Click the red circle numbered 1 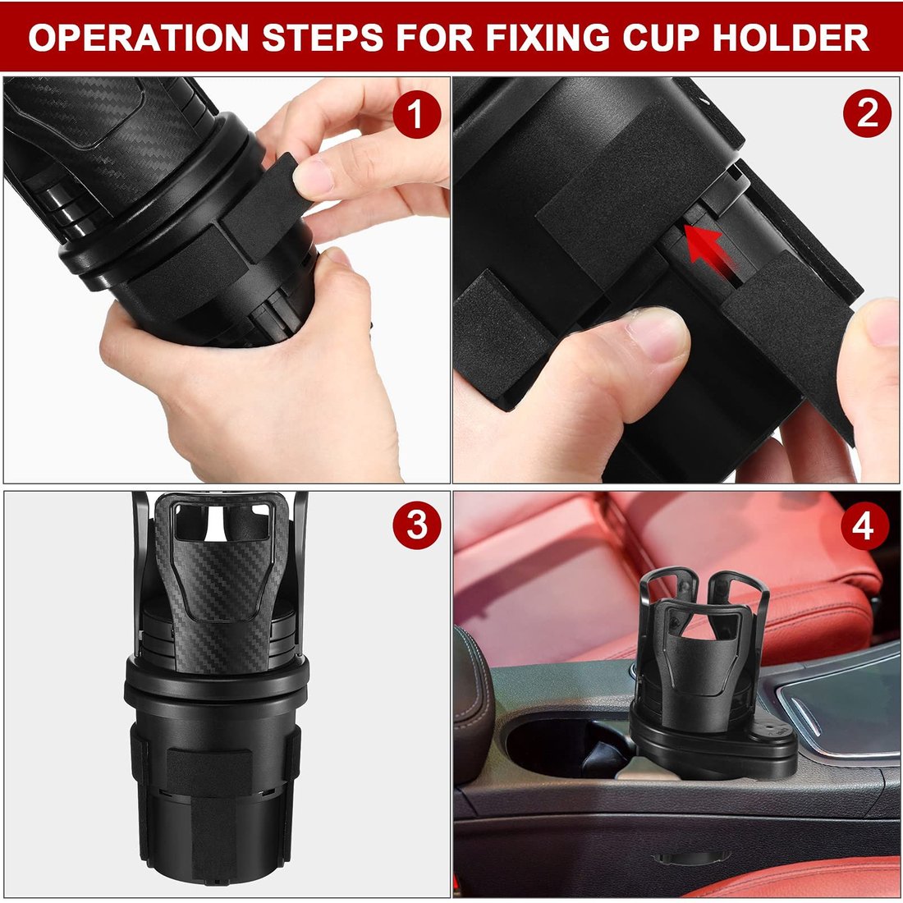tap(416, 115)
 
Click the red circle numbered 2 tap(867, 115)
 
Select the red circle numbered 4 tap(863, 527)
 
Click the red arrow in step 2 tap(702, 248)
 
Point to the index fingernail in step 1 tap(313, 175)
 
